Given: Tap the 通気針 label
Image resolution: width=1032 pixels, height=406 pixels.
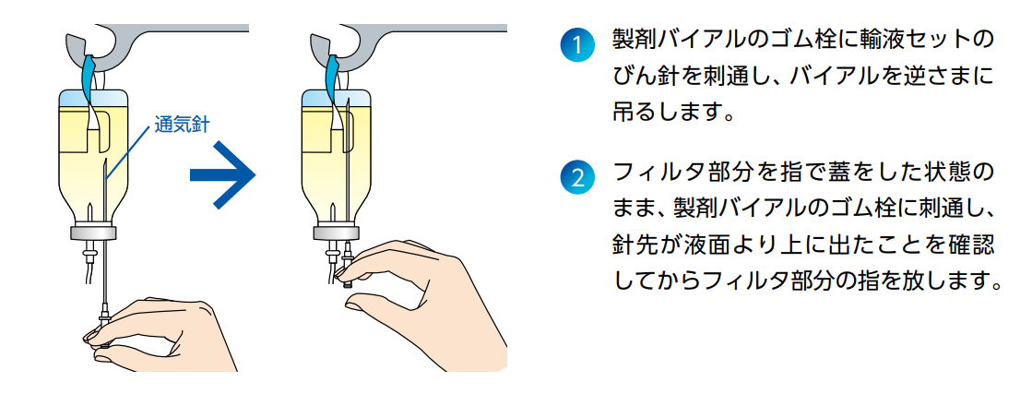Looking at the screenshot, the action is [x=182, y=125].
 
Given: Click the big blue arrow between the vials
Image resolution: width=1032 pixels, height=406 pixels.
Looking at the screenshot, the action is [x=221, y=174].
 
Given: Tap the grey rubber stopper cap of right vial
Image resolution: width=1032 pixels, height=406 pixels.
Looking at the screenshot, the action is [x=336, y=233].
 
